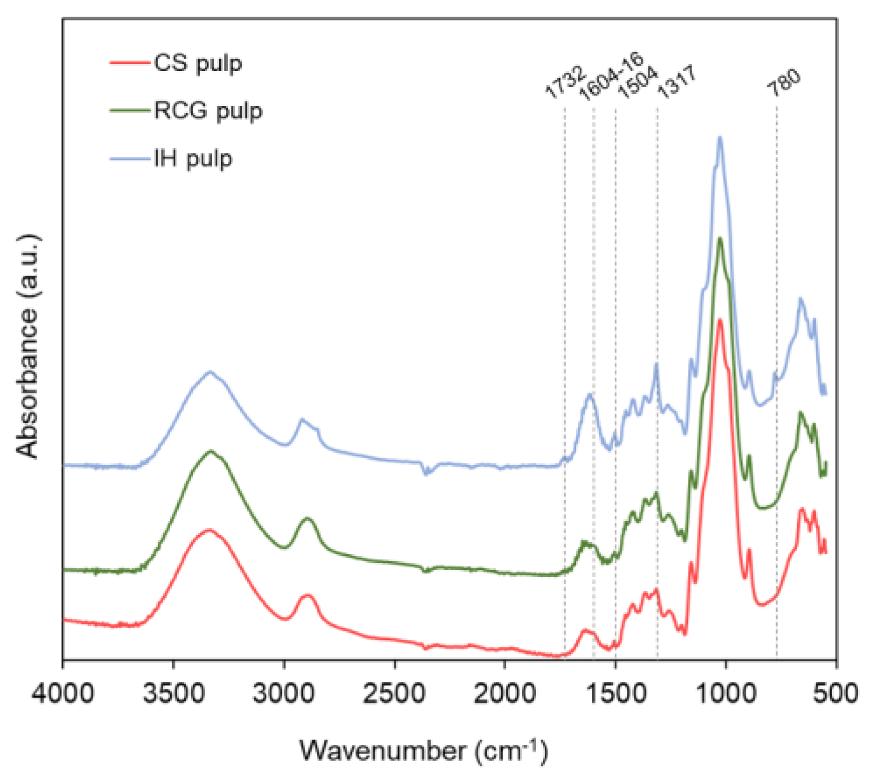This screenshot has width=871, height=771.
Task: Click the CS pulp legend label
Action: [198, 63]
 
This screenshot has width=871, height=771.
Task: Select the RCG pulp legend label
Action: [208, 111]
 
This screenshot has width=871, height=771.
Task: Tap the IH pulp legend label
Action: [193, 159]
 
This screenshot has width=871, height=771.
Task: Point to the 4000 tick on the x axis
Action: [62, 695]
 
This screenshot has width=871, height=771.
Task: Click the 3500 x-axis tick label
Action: [173, 695]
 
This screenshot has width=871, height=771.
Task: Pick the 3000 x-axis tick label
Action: [284, 695]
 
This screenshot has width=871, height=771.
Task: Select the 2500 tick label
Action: [394, 695]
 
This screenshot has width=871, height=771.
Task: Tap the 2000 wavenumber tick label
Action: [505, 695]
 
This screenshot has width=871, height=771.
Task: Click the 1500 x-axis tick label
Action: [615, 695]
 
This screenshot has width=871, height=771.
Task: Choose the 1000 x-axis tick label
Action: [726, 695]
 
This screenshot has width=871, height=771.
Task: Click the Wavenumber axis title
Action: [424, 750]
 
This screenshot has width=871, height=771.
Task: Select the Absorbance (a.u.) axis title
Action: [28, 346]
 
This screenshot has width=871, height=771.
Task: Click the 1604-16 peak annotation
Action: [611, 76]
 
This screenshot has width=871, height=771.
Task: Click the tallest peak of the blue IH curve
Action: [720, 138]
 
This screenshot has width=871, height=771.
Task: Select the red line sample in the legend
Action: [129, 62]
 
